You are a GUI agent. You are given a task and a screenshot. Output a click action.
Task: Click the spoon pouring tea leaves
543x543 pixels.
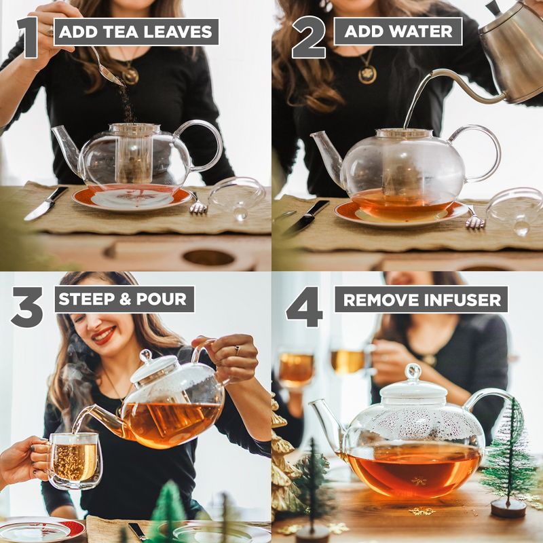tap(109, 68)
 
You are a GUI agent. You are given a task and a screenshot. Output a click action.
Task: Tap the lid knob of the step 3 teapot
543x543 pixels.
tap(145, 356)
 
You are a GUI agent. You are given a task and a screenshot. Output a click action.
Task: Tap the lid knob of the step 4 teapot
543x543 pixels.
tap(413, 371)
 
